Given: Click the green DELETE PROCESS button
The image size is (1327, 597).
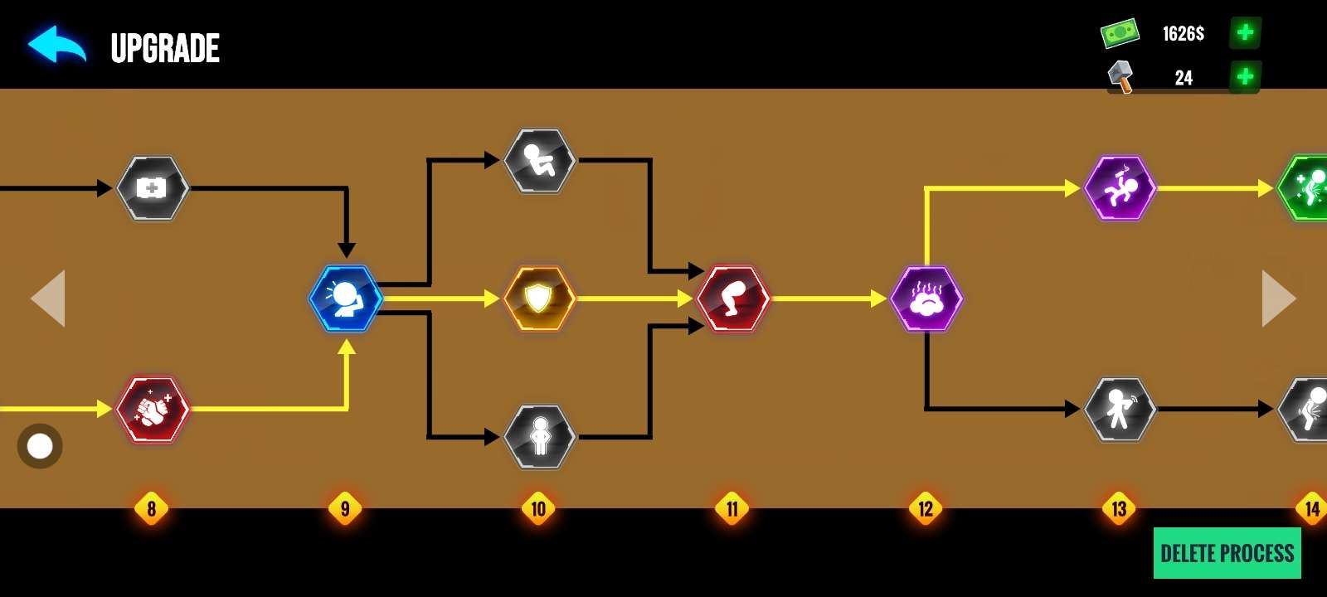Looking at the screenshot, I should [x=1227, y=553].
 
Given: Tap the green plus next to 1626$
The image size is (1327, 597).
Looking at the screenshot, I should [x=1245, y=33].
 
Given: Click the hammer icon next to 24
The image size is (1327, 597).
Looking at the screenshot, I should [x=1121, y=77].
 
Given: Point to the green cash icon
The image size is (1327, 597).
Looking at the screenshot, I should [x=1120, y=33].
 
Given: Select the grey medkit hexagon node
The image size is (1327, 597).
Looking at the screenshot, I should [x=152, y=188].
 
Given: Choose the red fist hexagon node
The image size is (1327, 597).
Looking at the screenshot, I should [x=153, y=409].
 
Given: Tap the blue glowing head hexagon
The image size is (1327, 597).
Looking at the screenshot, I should [x=345, y=298].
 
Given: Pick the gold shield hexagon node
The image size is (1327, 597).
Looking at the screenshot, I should [x=539, y=298].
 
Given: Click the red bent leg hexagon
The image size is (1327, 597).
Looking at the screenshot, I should [x=733, y=298].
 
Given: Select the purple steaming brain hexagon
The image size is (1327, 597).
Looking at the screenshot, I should [x=926, y=298].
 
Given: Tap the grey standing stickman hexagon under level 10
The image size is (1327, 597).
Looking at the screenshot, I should [x=540, y=436].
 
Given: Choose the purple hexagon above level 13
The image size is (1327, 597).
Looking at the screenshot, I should [x=1120, y=188].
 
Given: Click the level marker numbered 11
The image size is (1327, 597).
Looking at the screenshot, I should [x=732, y=508].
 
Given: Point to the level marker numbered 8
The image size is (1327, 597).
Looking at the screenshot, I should [x=151, y=508].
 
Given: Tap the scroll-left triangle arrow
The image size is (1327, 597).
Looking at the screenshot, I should [x=48, y=298].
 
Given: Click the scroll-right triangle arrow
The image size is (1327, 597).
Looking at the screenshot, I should [x=1278, y=298].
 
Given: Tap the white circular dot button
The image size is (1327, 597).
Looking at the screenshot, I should [x=40, y=446].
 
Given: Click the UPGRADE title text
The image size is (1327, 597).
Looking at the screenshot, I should [x=165, y=48].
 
